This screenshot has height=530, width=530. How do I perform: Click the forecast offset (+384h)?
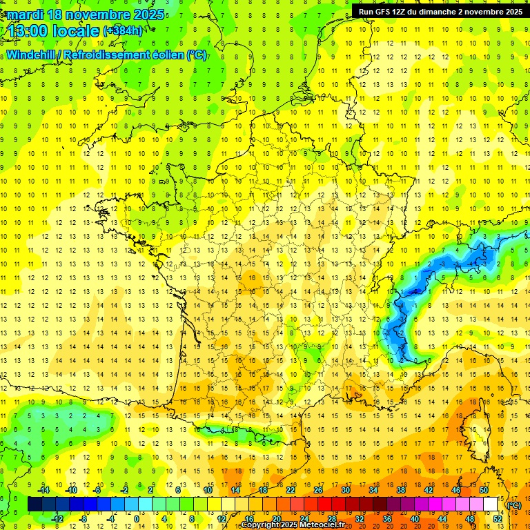pos(123,31)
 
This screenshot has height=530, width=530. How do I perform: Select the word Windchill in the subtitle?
pos(30,55)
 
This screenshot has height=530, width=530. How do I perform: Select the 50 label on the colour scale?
pos(484,490)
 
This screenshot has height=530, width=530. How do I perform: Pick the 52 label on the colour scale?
pos(498,518)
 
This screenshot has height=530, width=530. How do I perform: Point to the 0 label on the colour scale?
pos(137,518)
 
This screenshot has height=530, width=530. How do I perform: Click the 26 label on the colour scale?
pos(318,490)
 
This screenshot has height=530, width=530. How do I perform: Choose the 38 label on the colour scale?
pos(401,490)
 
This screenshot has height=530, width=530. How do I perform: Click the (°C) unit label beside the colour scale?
pos(514,505)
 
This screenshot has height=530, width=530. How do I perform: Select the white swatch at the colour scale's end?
pos(491,504)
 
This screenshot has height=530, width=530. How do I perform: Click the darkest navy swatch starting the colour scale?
pos(35,504)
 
